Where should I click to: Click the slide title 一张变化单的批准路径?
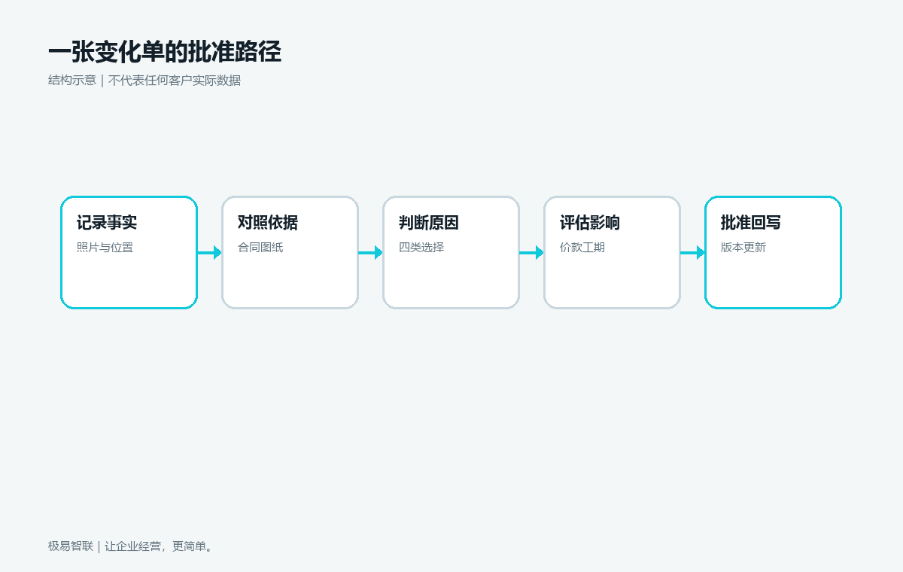coord(165,52)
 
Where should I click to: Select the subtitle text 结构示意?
coord(72,81)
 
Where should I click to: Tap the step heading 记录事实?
coord(107,223)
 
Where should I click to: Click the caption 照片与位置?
coord(105,247)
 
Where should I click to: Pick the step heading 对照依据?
coord(268,223)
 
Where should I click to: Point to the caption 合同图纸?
coord(260,247)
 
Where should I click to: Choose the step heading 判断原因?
coord(429,223)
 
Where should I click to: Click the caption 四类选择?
coord(421,247)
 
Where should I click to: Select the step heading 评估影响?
coord(590,223)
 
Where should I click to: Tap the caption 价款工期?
coord(582,247)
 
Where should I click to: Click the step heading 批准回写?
coord(751,223)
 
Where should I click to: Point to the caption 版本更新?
coord(743,247)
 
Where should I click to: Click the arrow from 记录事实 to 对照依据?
coord(210,253)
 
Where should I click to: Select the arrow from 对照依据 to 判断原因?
coord(370,253)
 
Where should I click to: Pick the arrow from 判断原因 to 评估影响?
coord(531,253)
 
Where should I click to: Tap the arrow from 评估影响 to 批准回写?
coord(692,253)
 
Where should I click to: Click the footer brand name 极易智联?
coord(71,546)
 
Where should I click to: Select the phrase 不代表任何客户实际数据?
coord(175,81)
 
